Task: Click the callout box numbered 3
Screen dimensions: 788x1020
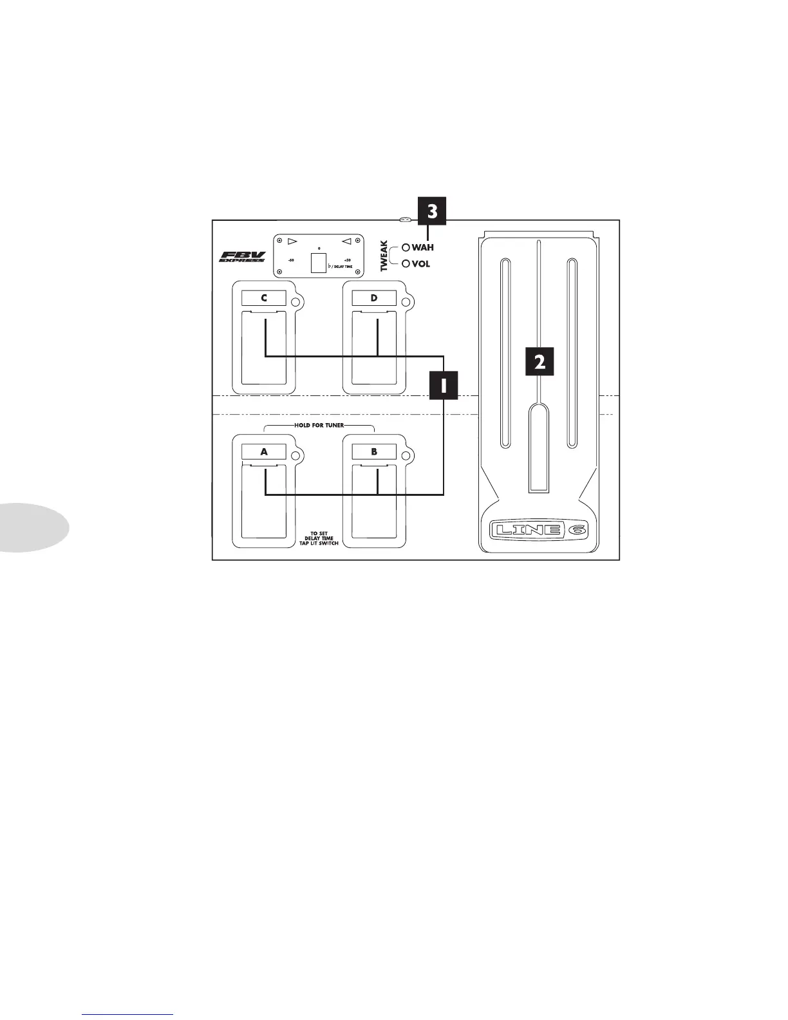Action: click(433, 212)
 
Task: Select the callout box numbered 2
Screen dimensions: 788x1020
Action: click(539, 361)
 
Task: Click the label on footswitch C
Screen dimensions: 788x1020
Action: click(264, 297)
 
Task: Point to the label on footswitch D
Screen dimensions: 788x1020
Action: click(374, 297)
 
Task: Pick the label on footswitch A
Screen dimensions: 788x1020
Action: click(264, 451)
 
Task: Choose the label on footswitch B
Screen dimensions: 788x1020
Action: click(374, 451)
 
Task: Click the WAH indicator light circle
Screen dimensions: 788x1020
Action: click(406, 247)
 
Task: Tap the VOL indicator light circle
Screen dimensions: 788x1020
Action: click(406, 263)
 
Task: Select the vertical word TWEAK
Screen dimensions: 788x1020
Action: click(384, 256)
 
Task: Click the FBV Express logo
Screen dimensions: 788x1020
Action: click(243, 256)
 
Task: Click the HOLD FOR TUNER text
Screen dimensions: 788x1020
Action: click(319, 426)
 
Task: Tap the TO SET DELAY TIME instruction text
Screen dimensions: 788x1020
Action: click(319, 538)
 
